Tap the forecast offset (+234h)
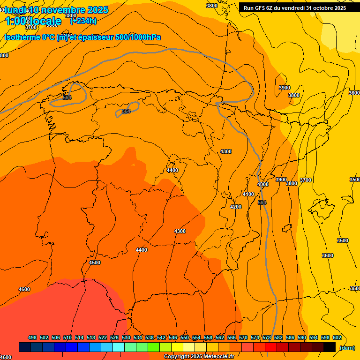coord(83,21)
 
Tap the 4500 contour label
coord(95,262)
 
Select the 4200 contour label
coord(236,207)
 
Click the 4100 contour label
coord(248,194)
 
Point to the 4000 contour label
coord(263,184)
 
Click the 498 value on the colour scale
coord(32,337)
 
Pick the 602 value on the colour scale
coord(337,337)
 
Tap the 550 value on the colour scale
coord(184,337)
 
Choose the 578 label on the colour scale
coord(266,337)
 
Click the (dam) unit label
coord(347,347)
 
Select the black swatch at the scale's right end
coord(329,347)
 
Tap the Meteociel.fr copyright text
coord(202,357)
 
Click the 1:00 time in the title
coord(15,21)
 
